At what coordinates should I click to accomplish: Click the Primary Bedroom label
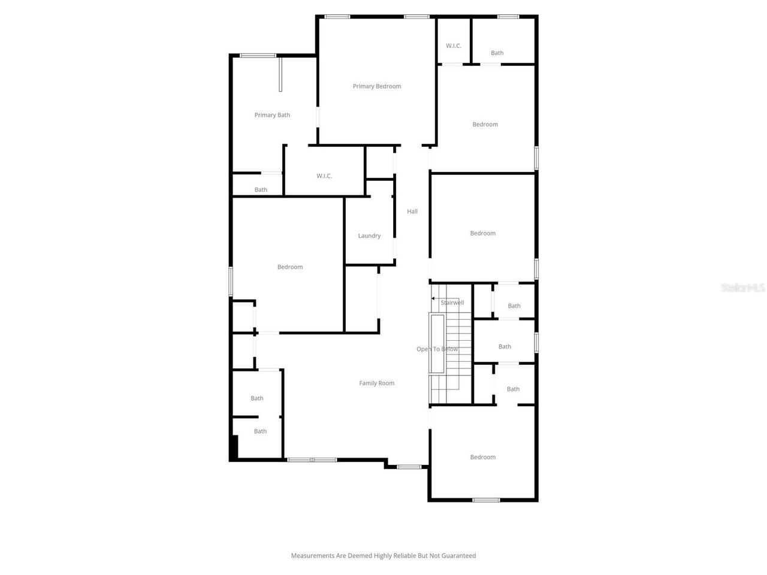(377, 86)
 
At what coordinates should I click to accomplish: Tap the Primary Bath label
(272, 115)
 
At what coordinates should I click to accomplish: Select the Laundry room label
(369, 236)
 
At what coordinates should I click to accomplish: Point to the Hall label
(412, 211)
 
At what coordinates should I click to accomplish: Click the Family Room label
(377, 383)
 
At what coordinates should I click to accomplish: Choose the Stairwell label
(452, 303)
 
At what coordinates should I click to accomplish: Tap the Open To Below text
(437, 349)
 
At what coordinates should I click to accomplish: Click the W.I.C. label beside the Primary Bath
(324, 176)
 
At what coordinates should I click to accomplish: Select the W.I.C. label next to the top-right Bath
(454, 46)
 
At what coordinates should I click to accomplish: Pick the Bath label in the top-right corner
(497, 53)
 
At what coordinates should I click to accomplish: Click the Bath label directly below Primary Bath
(261, 190)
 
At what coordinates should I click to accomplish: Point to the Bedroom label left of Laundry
(290, 267)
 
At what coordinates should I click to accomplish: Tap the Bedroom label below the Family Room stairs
(483, 458)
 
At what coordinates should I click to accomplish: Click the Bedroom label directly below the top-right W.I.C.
(485, 125)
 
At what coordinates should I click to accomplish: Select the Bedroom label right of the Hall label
(483, 234)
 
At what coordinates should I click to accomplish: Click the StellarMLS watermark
(743, 288)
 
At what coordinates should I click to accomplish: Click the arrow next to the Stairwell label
(434, 298)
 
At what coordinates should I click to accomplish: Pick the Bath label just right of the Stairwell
(514, 306)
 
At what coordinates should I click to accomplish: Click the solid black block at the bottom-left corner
(234, 447)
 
